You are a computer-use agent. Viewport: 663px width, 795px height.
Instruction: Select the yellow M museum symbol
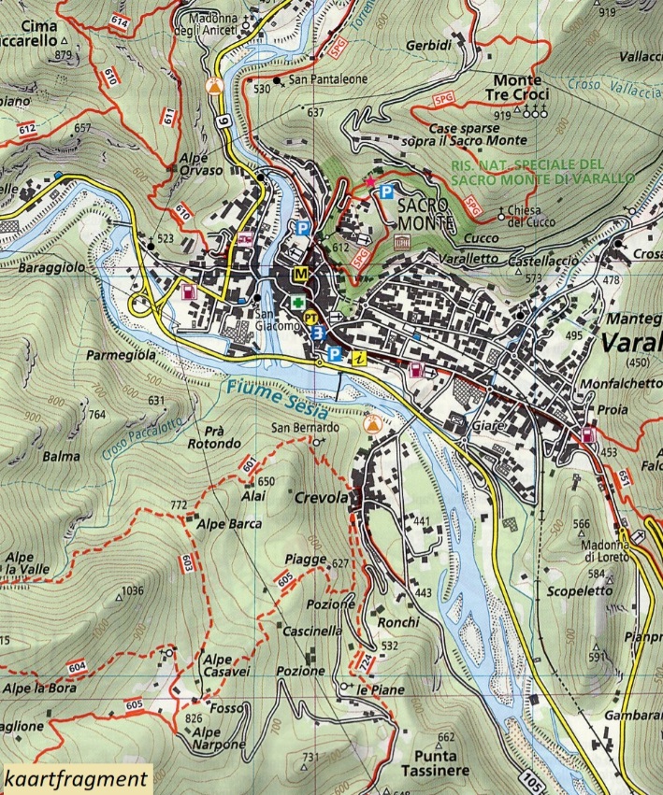pyautogui.click(x=300, y=274)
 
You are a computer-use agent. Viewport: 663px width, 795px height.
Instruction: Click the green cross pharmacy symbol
pyautogui.click(x=298, y=304)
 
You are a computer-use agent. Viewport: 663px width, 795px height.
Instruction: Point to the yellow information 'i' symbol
pyautogui.click(x=356, y=357)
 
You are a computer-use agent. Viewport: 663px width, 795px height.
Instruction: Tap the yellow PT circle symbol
pyautogui.click(x=310, y=319)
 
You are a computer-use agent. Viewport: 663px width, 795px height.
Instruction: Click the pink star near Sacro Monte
pyautogui.click(x=370, y=181)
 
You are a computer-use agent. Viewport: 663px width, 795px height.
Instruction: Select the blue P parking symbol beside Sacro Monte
pyautogui.click(x=387, y=192)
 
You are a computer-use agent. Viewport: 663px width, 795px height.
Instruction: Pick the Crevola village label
pyautogui.click(x=320, y=498)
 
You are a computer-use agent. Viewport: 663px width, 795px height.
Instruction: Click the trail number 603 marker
pyautogui.click(x=188, y=562)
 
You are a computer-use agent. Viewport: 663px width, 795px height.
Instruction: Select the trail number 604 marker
pyautogui.click(x=77, y=667)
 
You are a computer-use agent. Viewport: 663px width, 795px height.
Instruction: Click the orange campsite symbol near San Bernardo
pyautogui.click(x=372, y=424)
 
